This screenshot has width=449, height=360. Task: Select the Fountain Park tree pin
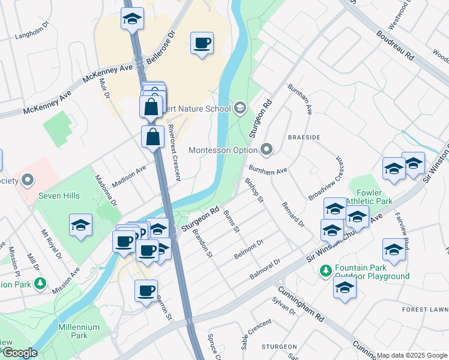(x=326, y=271)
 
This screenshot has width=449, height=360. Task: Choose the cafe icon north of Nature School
(x=202, y=43)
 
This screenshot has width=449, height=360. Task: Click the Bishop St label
(x=254, y=190)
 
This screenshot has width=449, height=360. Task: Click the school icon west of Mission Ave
(x=80, y=226)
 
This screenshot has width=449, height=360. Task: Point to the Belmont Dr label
(x=249, y=250)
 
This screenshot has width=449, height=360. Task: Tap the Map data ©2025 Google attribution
(x=412, y=355)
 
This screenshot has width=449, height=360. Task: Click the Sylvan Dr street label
(x=284, y=308)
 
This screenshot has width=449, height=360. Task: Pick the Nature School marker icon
(x=240, y=108)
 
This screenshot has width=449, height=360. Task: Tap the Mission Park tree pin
(x=40, y=282)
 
